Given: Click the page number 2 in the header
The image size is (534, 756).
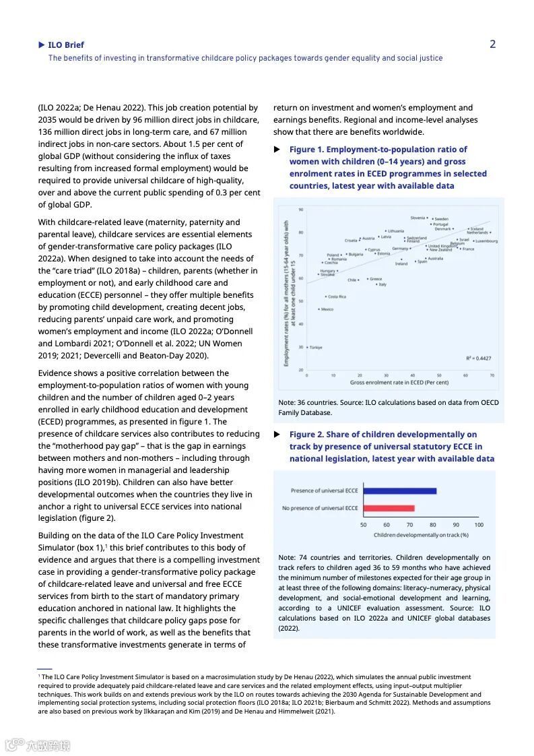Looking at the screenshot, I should (492, 44).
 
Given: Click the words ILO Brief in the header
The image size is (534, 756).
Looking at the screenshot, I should (66, 45).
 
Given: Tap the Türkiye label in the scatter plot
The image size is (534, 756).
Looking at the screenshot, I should (316, 348).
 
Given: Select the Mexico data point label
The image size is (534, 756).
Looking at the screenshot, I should (327, 309).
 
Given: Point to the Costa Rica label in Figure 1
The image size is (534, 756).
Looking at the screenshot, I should (337, 296).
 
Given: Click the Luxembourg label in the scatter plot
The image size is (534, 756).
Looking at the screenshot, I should (486, 241).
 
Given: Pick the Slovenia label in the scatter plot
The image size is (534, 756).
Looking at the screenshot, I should (418, 218).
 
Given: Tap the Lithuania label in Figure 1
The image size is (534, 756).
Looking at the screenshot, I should (396, 231).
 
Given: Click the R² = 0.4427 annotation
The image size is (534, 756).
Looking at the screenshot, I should (478, 358).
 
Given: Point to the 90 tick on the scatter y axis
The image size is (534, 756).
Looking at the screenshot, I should (300, 210).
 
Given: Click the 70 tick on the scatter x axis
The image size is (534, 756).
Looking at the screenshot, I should (492, 375).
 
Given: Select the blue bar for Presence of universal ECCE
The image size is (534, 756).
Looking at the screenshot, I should (399, 491).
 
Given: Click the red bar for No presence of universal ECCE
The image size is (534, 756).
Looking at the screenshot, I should (389, 508).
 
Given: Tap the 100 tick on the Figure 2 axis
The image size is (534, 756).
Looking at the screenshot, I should (479, 525).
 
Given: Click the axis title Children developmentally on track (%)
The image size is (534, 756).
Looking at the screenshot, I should (421, 535).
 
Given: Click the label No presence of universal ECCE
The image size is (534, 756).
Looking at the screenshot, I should (320, 508).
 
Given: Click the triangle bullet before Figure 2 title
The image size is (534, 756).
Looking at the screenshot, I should (277, 435).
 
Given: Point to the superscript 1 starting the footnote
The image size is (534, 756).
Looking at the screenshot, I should (40, 676).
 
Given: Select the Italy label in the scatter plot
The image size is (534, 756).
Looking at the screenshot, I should (382, 284).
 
